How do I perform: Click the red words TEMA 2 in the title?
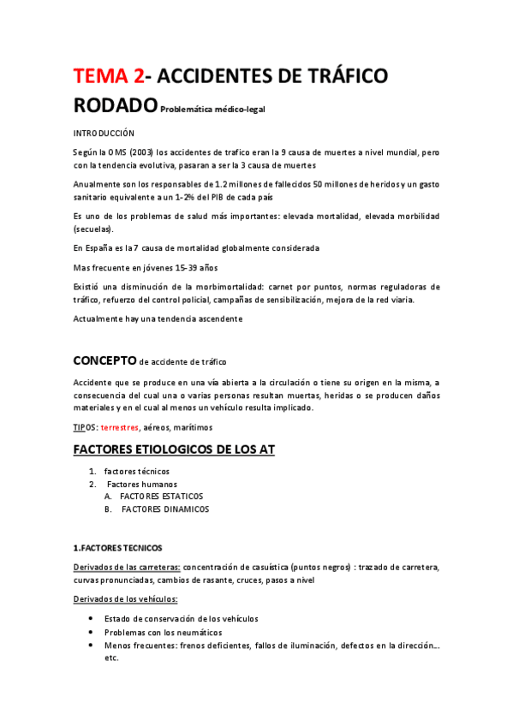(x=108, y=76)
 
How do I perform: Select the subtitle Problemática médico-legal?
(x=215, y=109)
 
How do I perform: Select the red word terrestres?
(x=120, y=426)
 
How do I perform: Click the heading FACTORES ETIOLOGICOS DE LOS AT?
(x=174, y=449)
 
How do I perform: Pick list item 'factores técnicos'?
(x=137, y=472)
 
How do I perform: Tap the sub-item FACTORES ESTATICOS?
(x=162, y=497)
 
